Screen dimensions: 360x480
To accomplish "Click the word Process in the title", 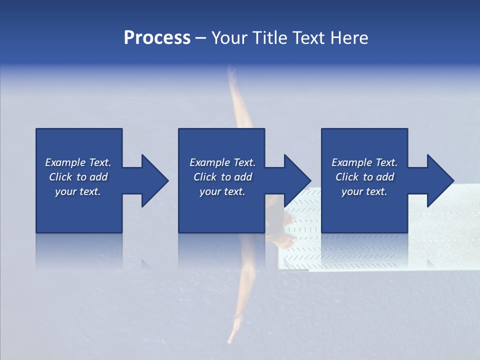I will [x=157, y=38].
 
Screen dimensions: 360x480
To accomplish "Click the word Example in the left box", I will [x=65, y=162].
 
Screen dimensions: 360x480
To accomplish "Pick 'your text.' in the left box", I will [x=78, y=191].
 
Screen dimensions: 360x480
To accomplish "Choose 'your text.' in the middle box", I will [x=222, y=191].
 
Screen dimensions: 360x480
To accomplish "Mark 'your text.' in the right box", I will [x=364, y=191].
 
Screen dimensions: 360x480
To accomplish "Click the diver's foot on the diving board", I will [x=285, y=243].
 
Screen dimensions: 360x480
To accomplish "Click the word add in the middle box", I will [x=243, y=177].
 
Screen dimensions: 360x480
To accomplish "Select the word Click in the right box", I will [x=347, y=177].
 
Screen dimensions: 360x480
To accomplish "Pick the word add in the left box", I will [x=99, y=177].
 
